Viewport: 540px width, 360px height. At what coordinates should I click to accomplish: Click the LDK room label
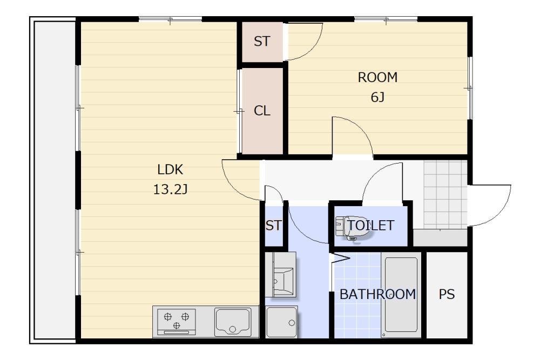(x=170, y=169)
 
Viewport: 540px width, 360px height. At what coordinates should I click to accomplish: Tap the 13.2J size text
(x=170, y=189)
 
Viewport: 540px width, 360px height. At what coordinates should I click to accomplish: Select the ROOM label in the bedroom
(x=377, y=77)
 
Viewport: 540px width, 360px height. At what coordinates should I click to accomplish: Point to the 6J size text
(x=377, y=97)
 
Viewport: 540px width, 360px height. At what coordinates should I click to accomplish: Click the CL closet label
(x=262, y=111)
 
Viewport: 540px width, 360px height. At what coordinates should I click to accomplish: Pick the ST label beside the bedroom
(x=262, y=42)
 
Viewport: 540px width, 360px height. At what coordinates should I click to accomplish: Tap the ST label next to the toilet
(x=274, y=226)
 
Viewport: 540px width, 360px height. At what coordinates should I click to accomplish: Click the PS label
(x=447, y=294)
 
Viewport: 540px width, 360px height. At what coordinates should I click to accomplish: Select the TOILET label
(x=370, y=226)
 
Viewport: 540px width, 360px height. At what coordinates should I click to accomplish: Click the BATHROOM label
(x=378, y=294)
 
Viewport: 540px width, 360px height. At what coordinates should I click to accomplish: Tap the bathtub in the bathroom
(x=401, y=295)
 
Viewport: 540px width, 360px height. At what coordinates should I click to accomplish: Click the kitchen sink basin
(x=233, y=322)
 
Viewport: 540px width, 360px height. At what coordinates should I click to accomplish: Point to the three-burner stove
(x=177, y=322)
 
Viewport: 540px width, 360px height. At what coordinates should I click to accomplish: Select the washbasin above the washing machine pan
(x=280, y=274)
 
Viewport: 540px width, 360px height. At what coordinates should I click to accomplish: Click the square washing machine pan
(x=282, y=322)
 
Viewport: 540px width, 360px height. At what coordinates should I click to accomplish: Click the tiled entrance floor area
(x=446, y=195)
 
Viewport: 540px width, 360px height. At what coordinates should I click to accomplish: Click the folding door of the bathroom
(x=340, y=259)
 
